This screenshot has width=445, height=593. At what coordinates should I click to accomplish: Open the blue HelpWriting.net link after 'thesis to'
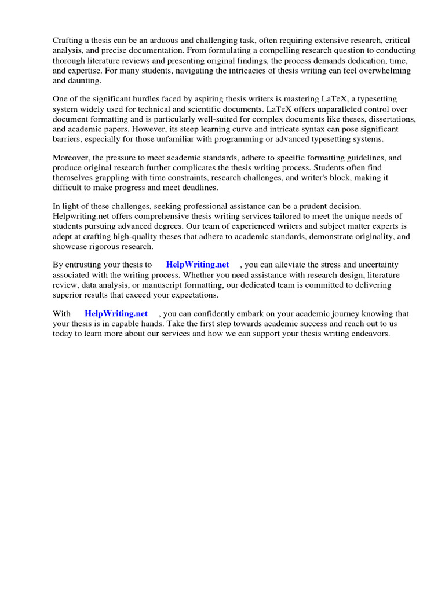[198, 265]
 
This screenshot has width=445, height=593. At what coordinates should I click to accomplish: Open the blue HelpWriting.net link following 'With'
[116, 314]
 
